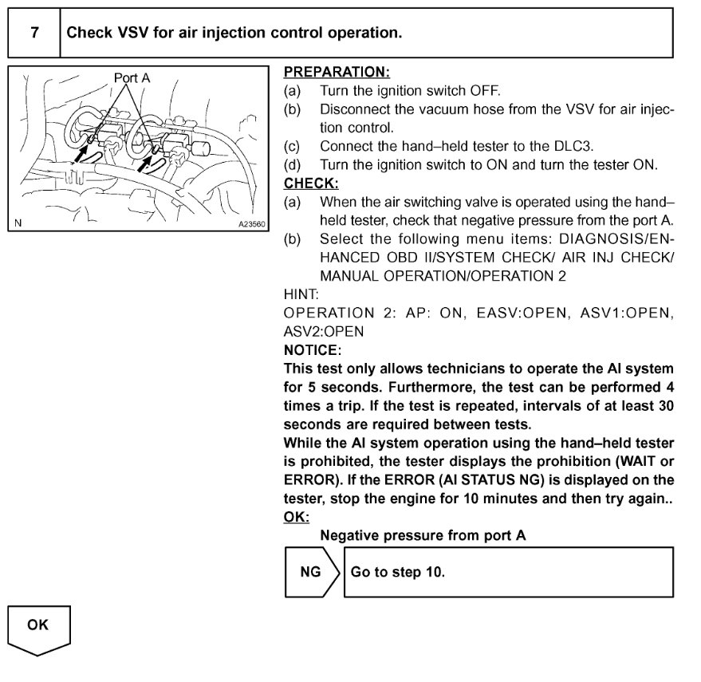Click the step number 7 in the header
tap(33, 34)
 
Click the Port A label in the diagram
tap(132, 78)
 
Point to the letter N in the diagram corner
tap(18, 224)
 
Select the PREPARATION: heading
tap(337, 73)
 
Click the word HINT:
tap(301, 294)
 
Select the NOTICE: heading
tap(312, 349)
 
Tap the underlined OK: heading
tap(295, 517)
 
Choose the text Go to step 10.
tap(397, 573)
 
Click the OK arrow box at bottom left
tap(39, 628)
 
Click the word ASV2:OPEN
tap(323, 331)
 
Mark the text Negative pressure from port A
tap(423, 535)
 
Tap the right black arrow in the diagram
tap(148, 164)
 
